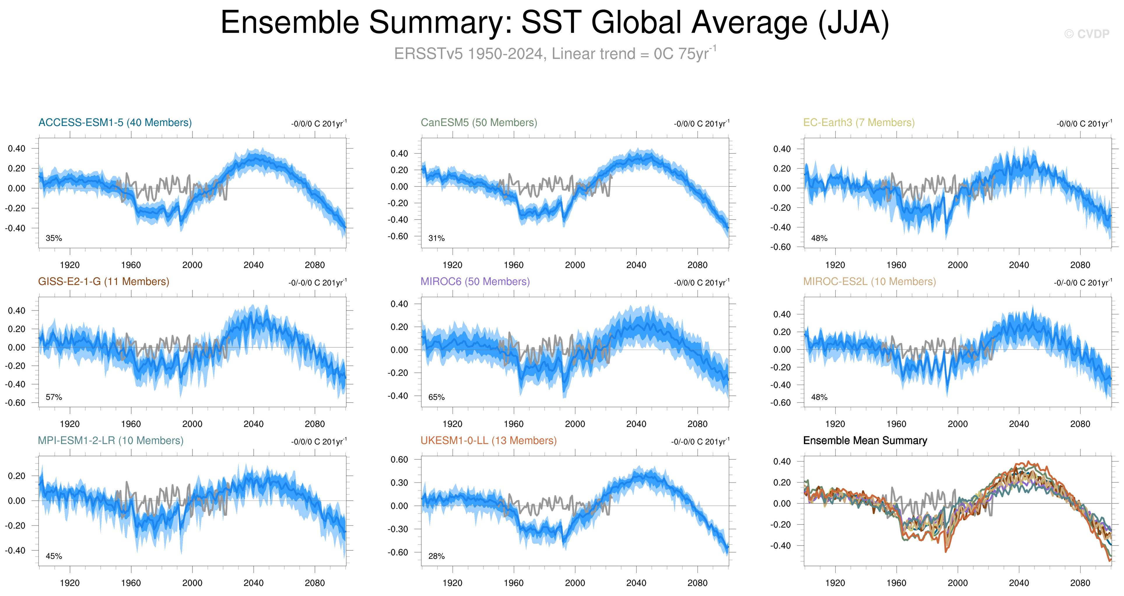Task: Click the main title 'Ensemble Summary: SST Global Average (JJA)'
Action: pos(555,23)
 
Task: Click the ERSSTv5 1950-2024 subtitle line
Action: pos(555,54)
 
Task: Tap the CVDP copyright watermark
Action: pos(1086,34)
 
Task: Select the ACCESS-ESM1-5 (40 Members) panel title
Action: pos(115,123)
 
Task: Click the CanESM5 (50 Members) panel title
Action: pos(479,123)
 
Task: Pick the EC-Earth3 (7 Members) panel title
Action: pos(859,123)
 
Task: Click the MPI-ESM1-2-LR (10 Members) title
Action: pos(111,440)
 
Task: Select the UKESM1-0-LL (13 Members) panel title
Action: pos(488,440)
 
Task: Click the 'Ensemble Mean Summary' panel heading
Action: pos(865,440)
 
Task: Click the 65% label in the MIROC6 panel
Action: pos(436,397)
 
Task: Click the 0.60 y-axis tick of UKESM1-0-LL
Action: pos(399,459)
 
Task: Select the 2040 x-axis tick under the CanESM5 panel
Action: pos(636,265)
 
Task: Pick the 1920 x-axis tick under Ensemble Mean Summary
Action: pos(835,583)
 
